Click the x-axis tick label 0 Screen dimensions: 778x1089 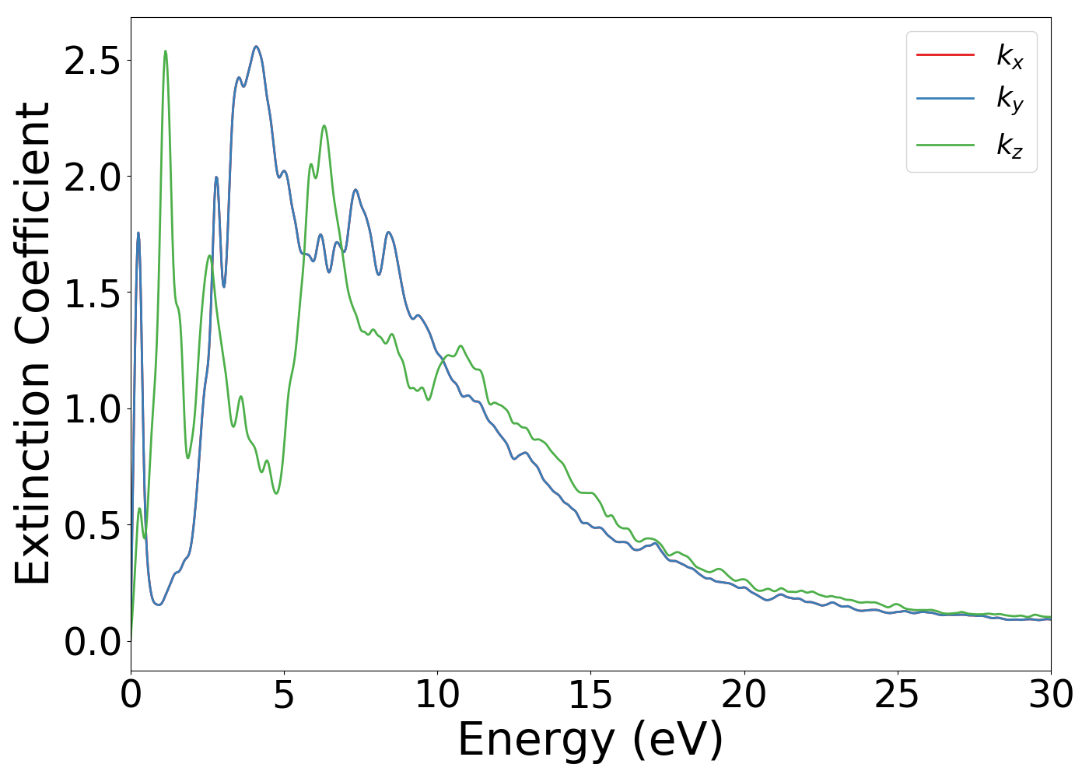(x=131, y=695)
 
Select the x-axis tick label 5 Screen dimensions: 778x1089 (x=284, y=695)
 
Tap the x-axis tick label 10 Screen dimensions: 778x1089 (x=437, y=695)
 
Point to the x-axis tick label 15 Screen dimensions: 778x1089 (x=590, y=695)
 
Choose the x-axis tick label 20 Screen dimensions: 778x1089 (x=744, y=695)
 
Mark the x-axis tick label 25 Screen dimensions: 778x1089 (x=897, y=695)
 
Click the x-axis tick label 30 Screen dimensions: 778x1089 (x=1050, y=695)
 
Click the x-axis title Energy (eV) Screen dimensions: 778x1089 (x=590, y=740)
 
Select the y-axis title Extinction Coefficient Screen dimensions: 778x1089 (x=33, y=344)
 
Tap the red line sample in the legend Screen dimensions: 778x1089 (x=945, y=54)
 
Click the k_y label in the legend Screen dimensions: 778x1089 (x=1010, y=100)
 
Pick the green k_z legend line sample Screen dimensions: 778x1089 (x=945, y=145)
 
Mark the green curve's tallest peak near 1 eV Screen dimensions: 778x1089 (x=165, y=51)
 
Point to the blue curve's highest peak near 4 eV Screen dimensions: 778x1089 (x=256, y=47)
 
